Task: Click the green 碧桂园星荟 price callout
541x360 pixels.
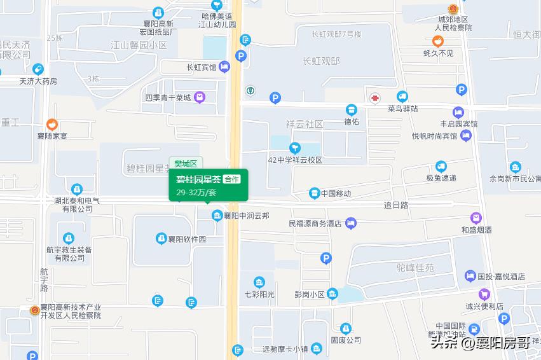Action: [x=209, y=185]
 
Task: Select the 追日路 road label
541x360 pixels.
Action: [x=395, y=205]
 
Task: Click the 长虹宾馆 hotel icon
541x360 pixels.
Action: [x=224, y=67]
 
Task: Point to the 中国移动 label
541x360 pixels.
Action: [x=336, y=193]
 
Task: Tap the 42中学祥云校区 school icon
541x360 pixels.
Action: [x=295, y=148]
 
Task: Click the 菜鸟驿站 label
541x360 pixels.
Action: [x=402, y=109]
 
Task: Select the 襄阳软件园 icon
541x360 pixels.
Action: [x=161, y=239]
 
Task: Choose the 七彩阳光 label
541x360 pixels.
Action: [x=259, y=294]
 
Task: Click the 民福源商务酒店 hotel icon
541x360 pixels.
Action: [x=352, y=223]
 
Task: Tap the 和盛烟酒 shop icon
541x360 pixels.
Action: [x=476, y=218]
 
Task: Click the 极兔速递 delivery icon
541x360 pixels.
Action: [x=441, y=167]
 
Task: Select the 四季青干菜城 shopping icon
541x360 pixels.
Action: [x=200, y=97]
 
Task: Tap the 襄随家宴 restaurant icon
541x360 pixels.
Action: [x=52, y=124]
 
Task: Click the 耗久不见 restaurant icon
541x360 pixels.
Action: [x=438, y=41]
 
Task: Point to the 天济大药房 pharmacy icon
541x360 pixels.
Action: [x=38, y=69]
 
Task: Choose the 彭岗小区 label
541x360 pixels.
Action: [x=309, y=294]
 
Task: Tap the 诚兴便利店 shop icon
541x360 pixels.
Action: [x=484, y=294]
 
